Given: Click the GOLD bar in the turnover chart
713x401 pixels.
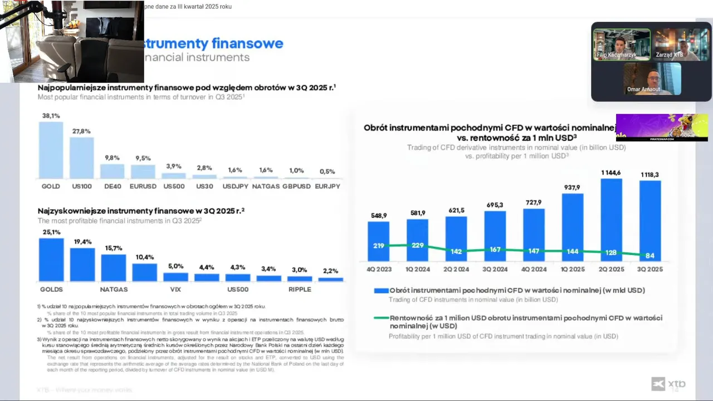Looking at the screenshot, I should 51,150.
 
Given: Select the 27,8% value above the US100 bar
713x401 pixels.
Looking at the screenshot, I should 81,131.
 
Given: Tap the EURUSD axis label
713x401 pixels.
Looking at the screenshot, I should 143,186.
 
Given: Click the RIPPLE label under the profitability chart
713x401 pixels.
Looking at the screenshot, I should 300,290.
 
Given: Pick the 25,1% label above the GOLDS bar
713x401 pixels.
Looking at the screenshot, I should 51,232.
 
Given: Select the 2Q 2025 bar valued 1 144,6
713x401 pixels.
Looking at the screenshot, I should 611,219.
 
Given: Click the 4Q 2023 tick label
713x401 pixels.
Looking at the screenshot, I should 379,269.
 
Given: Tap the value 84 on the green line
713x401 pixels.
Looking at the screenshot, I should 649,256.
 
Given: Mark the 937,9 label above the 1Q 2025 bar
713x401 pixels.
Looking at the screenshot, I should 572,187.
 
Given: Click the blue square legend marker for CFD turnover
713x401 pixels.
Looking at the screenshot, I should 381,291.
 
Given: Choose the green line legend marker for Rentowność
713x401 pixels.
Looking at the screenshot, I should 381,318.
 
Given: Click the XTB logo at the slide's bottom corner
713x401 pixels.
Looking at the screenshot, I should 668,384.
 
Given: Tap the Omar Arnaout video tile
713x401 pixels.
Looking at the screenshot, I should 652,79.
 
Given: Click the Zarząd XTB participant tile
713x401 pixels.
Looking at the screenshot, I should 680,45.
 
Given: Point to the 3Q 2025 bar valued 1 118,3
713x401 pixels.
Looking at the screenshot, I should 650,221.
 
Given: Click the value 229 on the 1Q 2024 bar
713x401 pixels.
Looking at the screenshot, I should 417,245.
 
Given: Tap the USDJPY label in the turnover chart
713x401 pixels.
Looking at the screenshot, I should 235,186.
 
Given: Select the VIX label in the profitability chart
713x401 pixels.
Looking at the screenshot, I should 175,290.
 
